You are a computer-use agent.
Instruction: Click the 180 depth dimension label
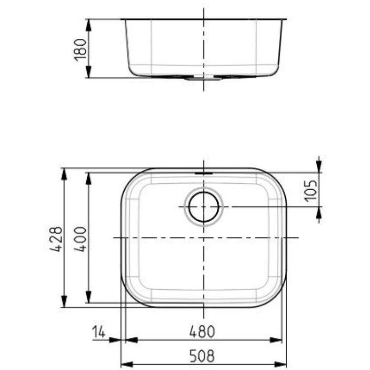[80, 49]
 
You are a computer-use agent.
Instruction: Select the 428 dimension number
[58, 239]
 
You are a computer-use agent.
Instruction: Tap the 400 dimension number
[81, 239]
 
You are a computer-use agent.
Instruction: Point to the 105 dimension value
[310, 190]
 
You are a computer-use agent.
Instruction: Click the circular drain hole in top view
[203, 206]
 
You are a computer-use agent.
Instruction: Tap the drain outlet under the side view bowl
[203, 77]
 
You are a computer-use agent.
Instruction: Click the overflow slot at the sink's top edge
[203, 173]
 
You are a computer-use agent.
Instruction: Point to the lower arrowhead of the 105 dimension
[319, 212]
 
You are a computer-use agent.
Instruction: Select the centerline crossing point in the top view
[203, 238]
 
